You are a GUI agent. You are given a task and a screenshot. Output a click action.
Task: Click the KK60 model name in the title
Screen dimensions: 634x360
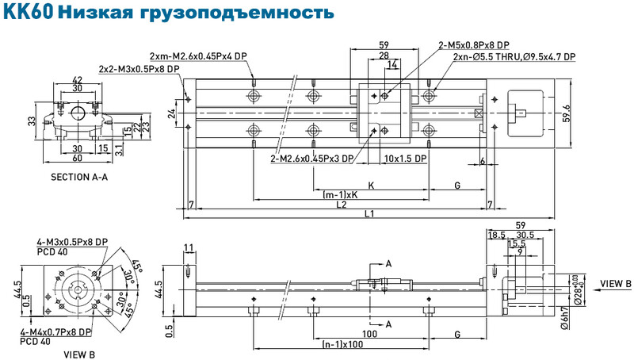(x=29, y=12)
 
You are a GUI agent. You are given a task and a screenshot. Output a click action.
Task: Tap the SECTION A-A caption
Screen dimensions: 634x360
(x=79, y=177)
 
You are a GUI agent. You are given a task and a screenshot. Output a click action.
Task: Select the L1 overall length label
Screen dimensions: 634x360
(x=369, y=213)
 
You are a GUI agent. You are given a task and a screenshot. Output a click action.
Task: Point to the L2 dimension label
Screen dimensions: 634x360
(x=342, y=205)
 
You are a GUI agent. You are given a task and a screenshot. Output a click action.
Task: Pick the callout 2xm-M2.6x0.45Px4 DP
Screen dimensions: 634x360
(x=198, y=56)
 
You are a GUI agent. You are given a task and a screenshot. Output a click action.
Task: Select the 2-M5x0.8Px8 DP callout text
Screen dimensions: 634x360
(x=474, y=45)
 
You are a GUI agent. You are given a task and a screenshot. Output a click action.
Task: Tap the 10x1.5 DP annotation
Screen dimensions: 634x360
(x=405, y=158)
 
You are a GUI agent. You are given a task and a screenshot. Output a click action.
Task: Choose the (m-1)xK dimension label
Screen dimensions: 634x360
(x=341, y=194)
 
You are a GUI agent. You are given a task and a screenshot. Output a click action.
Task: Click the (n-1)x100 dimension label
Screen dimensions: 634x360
(x=342, y=344)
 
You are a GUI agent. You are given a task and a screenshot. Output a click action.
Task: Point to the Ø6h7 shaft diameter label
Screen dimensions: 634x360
(x=565, y=318)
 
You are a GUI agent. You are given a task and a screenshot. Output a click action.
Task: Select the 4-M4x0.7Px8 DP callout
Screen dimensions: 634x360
(x=55, y=332)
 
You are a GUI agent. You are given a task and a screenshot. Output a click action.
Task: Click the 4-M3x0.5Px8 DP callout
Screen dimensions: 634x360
(x=72, y=242)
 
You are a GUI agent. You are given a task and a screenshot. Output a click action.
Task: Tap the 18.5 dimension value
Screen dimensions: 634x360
(x=497, y=235)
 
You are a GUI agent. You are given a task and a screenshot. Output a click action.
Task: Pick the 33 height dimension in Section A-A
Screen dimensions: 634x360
(x=32, y=121)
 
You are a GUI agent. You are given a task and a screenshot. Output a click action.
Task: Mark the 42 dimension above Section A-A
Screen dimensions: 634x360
(x=77, y=79)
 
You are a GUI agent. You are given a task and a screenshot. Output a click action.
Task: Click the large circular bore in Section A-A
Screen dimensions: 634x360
(x=77, y=113)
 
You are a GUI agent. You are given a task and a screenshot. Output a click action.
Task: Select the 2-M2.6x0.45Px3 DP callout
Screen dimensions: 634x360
(x=312, y=158)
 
